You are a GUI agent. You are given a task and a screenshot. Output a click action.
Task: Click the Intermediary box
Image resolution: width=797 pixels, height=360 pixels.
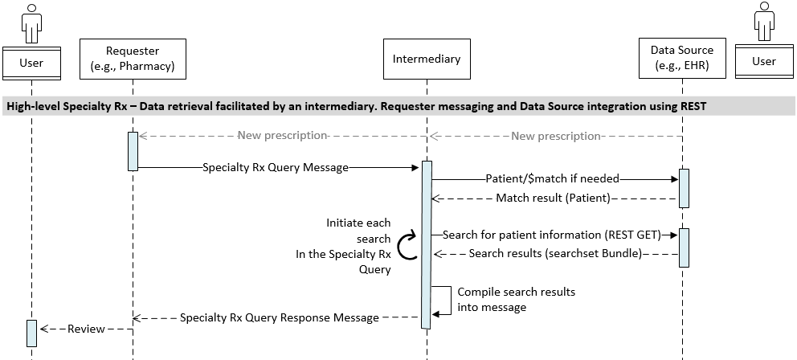(426, 59)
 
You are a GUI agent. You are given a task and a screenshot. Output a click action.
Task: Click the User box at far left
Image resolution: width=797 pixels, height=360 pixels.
(31, 62)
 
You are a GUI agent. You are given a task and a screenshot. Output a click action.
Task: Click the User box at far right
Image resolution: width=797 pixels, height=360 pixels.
(764, 62)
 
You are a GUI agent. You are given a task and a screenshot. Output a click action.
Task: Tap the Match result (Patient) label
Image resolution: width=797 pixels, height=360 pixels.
(553, 198)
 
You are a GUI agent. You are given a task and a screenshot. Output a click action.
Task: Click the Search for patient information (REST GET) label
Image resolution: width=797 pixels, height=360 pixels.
(551, 235)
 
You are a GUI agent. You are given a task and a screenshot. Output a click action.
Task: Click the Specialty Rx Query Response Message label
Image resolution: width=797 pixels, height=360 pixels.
(279, 317)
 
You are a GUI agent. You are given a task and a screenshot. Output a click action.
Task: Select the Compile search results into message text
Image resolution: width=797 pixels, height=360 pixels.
(515, 299)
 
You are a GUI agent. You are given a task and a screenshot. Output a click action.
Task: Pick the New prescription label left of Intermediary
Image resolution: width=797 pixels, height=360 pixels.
(282, 136)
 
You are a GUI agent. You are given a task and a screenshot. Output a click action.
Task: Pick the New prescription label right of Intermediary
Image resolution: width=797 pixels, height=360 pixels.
(556, 136)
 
